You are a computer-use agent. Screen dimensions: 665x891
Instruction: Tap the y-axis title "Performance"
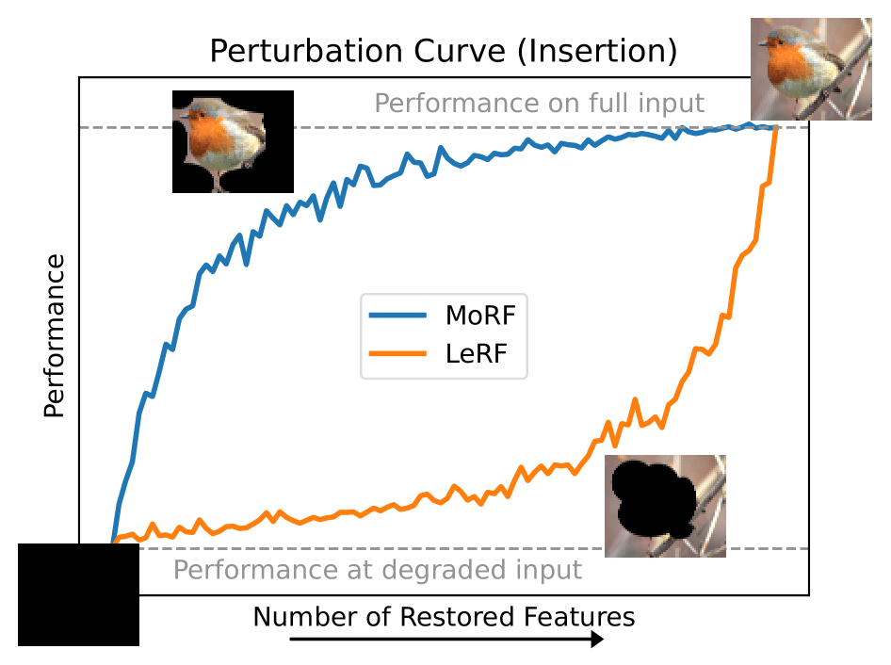(54, 335)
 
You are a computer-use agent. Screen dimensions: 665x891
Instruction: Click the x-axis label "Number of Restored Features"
(444, 617)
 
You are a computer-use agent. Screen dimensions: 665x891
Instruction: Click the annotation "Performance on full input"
(539, 103)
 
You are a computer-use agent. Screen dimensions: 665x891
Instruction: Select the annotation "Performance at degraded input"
(378, 570)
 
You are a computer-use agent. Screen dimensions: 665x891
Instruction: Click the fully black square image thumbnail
(78, 595)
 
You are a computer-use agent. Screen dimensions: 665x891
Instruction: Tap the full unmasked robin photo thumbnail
(810, 69)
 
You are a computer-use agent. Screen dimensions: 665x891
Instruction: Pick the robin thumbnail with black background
(233, 141)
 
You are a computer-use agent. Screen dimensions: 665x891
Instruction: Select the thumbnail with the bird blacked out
(665, 506)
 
